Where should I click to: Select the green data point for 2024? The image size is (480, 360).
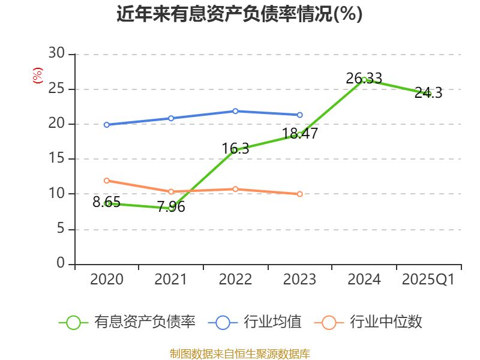coord(364,79)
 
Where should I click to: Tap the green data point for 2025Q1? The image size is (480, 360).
coord(428,94)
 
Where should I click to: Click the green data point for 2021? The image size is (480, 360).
coord(171,208)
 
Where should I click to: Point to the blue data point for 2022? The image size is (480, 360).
coord(235,111)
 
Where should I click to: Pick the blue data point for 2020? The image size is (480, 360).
coord(107,125)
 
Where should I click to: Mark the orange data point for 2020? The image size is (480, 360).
coord(107,181)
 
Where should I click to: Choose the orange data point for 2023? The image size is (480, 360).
coord(300,194)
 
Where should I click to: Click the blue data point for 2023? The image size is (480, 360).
coord(300,115)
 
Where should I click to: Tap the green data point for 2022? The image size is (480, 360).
coord(235,150)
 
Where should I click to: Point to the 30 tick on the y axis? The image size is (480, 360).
coord(56,54)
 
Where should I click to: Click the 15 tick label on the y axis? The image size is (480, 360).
coord(56,159)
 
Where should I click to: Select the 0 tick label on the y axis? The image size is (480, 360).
coord(61,263)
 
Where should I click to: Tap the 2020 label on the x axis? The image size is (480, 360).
coord(107,280)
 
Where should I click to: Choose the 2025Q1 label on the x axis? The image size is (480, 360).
coord(428,280)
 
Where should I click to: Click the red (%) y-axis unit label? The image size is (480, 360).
coord(38,76)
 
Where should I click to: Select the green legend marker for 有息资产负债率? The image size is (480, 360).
coord(73,322)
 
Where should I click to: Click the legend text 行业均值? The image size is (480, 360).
coord(273,322)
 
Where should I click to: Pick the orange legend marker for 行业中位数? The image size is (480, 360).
coord(329,322)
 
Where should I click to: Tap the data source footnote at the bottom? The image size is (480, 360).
coord(239,353)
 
